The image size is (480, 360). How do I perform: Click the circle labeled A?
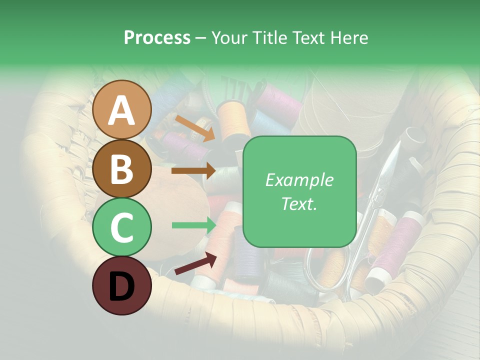121,110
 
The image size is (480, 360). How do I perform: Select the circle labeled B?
121,168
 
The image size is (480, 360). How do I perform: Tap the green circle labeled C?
121,227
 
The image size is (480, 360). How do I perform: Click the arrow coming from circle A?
194,127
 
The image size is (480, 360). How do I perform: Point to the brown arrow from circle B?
193,171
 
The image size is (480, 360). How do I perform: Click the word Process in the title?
157,37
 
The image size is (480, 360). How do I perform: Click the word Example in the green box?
299,180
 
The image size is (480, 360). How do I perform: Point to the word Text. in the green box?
299,203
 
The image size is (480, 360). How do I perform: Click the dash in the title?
200,37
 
